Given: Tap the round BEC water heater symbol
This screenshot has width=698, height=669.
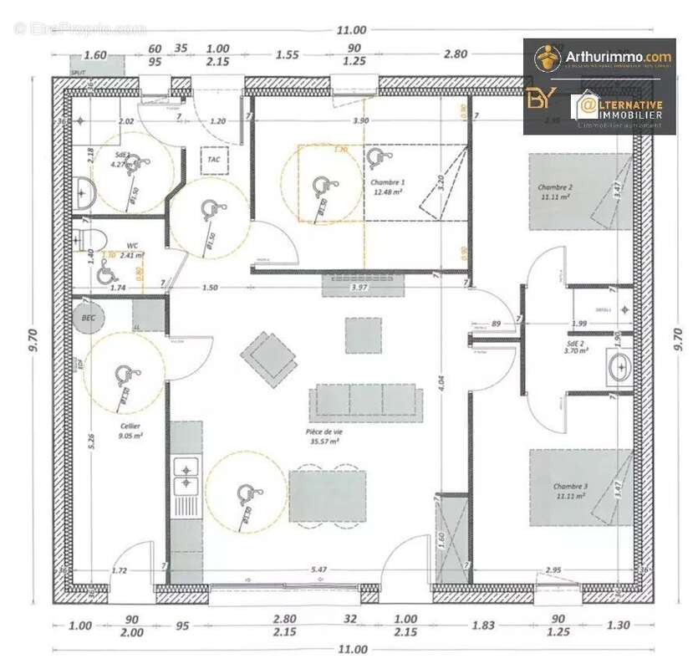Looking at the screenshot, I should [88, 317].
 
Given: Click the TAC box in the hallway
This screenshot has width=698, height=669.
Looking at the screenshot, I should [214, 159].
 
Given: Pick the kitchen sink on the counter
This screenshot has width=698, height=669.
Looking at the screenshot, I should [185, 476].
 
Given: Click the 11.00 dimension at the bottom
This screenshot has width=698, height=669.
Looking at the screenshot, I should [352, 649].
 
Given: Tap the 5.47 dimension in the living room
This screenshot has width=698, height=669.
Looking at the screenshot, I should [318, 569].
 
